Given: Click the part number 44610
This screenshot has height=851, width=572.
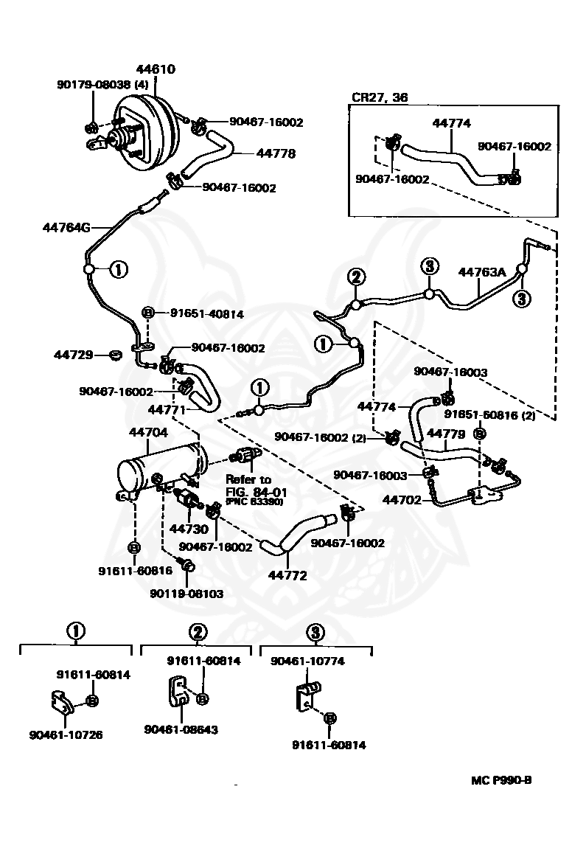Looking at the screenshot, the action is pyautogui.click(x=156, y=69).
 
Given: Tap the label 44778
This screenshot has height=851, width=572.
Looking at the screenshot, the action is pyautogui.click(x=276, y=153).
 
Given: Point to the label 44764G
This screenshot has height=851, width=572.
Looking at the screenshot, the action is pyautogui.click(x=66, y=227).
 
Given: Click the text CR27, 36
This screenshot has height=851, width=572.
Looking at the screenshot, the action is pyautogui.click(x=380, y=97).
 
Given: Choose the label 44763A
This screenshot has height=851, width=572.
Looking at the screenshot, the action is pyautogui.click(x=482, y=272).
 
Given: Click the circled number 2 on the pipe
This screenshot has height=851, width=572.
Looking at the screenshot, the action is pyautogui.click(x=356, y=277).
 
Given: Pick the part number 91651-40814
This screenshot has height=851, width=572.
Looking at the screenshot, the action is pyautogui.click(x=207, y=313).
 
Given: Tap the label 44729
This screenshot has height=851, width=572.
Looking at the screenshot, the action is pyautogui.click(x=73, y=355).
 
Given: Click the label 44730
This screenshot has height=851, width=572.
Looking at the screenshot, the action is pyautogui.click(x=189, y=528).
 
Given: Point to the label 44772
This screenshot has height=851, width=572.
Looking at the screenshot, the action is pyautogui.click(x=287, y=575).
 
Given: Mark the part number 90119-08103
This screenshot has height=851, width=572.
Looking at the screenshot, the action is pyautogui.click(x=186, y=594).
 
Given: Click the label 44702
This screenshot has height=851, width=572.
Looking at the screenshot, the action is pyautogui.click(x=402, y=500).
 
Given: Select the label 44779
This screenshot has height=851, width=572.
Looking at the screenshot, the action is pyautogui.click(x=446, y=434).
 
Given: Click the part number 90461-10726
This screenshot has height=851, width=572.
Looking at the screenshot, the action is pyautogui.click(x=66, y=735).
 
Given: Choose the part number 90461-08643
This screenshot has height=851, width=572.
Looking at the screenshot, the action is pyautogui.click(x=181, y=730).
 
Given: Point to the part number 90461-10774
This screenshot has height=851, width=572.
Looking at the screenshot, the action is pyautogui.click(x=307, y=661).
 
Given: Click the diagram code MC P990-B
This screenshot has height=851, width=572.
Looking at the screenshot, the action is pyautogui.click(x=501, y=780).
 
